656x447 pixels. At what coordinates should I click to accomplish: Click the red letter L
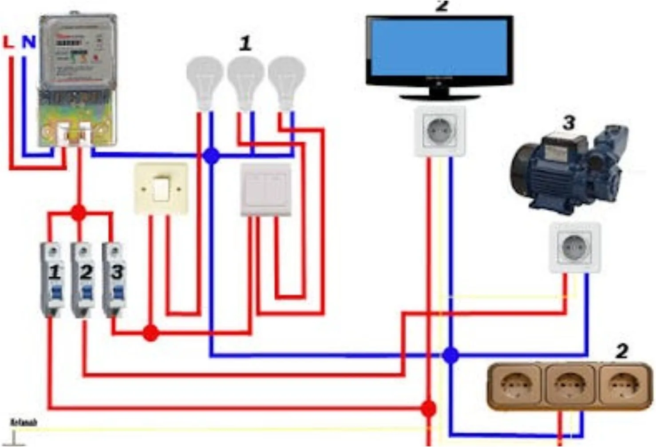[8, 42]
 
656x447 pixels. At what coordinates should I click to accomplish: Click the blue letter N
[29, 42]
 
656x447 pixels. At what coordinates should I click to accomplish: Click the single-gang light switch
[161, 189]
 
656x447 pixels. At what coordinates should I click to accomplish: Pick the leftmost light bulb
[204, 80]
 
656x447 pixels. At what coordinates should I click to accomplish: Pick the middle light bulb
[245, 80]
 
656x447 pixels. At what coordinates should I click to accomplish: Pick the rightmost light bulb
[286, 80]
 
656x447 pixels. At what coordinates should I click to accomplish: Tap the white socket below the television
[439, 131]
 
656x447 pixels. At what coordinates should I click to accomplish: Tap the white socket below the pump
[575, 247]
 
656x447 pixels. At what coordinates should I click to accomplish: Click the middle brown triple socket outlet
[570, 385]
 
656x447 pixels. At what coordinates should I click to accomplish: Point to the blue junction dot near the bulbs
[212, 156]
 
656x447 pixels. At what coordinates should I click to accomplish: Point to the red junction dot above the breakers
[79, 213]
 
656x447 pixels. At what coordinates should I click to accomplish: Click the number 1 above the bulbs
[245, 44]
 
